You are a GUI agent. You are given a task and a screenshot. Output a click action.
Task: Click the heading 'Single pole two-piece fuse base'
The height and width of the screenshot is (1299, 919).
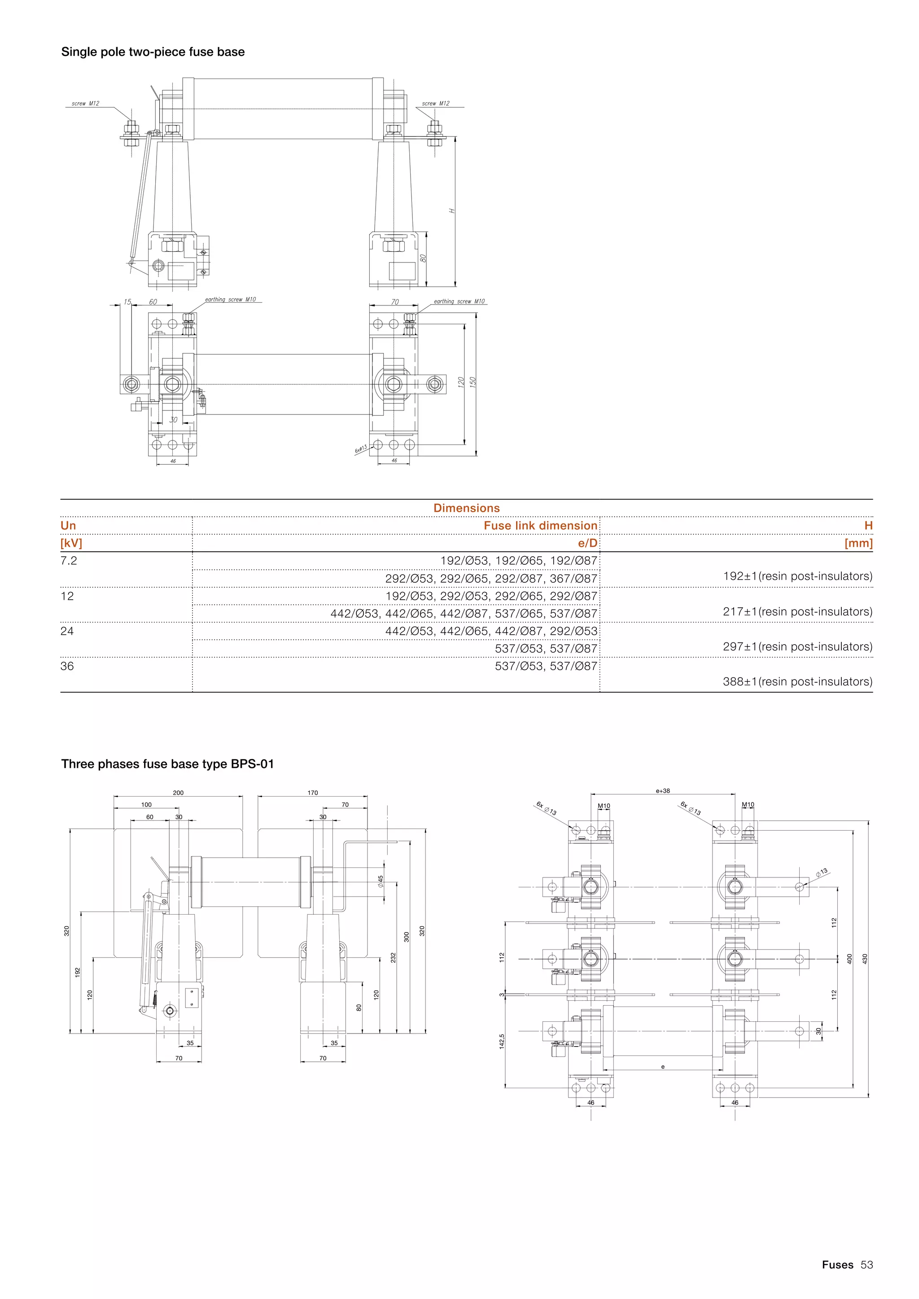point(153,52)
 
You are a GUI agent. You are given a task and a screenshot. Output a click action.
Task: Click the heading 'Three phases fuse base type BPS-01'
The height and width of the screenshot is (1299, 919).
point(167,764)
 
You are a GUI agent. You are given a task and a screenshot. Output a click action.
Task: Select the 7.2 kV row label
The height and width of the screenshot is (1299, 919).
point(69,561)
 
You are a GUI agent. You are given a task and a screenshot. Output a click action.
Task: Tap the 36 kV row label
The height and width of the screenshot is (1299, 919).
point(67,666)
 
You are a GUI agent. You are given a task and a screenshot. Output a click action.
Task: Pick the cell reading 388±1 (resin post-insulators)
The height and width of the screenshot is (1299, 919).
point(797,682)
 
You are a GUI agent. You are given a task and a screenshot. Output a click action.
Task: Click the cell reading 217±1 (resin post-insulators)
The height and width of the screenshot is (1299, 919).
point(797,611)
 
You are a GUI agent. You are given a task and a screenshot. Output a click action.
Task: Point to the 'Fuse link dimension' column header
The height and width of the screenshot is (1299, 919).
point(540,526)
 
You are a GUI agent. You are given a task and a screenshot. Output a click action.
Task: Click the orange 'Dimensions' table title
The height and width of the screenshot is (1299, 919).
point(466,508)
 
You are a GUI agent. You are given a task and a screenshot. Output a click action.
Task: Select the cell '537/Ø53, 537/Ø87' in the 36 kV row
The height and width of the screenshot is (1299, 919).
point(546,666)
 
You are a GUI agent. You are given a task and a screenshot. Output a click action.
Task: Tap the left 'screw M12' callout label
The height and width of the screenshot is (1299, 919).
point(85,104)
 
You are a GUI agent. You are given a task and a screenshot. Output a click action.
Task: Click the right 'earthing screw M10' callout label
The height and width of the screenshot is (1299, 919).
point(459,301)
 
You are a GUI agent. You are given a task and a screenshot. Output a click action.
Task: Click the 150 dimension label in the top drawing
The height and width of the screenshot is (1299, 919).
point(473,382)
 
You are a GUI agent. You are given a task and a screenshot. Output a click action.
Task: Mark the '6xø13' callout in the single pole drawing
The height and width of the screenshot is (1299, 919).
point(360,449)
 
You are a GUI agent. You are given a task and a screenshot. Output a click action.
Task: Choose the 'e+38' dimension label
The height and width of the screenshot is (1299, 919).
point(663,791)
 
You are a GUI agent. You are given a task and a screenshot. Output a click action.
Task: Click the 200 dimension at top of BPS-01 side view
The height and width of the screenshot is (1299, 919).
point(178,793)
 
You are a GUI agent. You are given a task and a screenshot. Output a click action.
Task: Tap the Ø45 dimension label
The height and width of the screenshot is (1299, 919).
point(381,881)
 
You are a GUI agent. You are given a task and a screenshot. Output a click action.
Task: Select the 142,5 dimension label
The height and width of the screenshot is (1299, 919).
point(501,1041)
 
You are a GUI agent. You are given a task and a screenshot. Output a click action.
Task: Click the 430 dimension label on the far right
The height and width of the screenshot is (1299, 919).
point(864,959)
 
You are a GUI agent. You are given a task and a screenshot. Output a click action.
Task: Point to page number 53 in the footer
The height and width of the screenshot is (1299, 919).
point(866,1264)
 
